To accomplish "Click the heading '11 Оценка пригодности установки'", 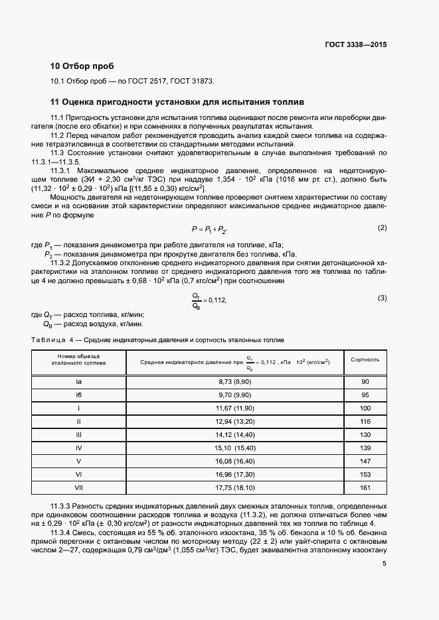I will click(x=177, y=103).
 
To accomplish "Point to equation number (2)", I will click(x=382, y=227).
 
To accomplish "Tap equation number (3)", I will click(x=382, y=298).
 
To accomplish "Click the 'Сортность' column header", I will click(x=365, y=359).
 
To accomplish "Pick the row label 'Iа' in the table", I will click(x=78, y=383).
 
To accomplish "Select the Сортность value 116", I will click(x=365, y=421).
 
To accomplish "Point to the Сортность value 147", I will click(x=365, y=460).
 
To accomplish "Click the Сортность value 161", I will click(x=365, y=487).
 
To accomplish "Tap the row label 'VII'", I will click(x=78, y=487).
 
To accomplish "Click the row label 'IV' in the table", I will click(x=78, y=448).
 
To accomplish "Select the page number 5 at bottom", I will click(x=384, y=564).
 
